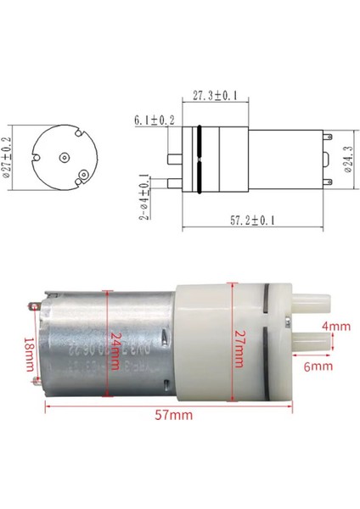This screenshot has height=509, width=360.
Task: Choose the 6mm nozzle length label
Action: (x=321, y=366)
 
